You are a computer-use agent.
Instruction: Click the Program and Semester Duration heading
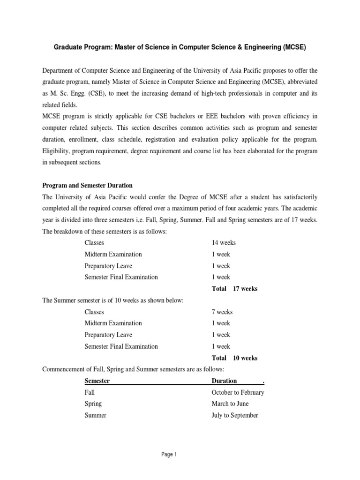88,186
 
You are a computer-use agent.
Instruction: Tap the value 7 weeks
222,312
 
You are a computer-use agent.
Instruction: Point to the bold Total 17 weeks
234,289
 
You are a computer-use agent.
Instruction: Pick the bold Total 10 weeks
234,358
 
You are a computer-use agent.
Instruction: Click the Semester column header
97,381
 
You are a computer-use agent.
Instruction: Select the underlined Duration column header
224,381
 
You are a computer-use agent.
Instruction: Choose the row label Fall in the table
90,392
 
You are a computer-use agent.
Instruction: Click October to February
238,392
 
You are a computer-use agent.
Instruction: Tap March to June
230,404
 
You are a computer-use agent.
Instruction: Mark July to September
235,415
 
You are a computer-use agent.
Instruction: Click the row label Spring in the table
93,404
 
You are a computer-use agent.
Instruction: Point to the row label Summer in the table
95,415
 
